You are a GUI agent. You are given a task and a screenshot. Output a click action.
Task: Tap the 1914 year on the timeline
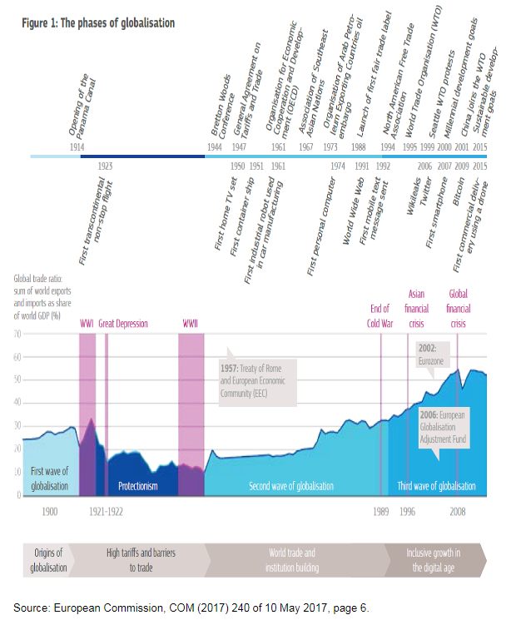coord(77,146)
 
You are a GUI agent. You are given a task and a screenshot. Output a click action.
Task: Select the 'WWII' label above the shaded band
coord(191,323)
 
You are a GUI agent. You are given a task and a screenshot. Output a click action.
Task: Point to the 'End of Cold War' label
coord(380,316)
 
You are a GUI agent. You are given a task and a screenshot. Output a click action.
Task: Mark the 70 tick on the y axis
coord(16,334)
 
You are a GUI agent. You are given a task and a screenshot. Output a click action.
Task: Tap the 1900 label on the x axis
coord(49,510)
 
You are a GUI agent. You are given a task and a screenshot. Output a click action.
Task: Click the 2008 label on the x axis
coord(458,510)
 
